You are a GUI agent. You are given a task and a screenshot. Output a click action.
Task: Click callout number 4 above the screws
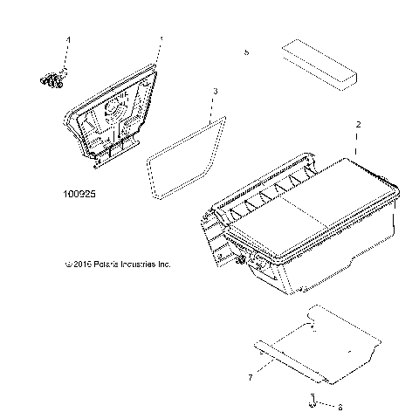[x=68, y=40]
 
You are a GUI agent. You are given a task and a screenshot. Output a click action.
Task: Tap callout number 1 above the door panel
[x=161, y=40]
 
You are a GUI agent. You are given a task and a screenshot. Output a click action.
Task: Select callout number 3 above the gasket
[x=216, y=91]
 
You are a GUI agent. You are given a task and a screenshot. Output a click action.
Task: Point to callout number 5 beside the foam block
[x=247, y=53]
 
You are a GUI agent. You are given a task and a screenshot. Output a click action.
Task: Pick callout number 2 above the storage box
[x=358, y=126]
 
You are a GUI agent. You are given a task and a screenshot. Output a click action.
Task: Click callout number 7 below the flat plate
[x=251, y=376]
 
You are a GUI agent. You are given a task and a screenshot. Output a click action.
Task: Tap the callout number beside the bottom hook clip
[x=340, y=407]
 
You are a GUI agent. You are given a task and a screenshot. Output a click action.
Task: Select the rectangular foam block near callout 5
[x=319, y=65]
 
